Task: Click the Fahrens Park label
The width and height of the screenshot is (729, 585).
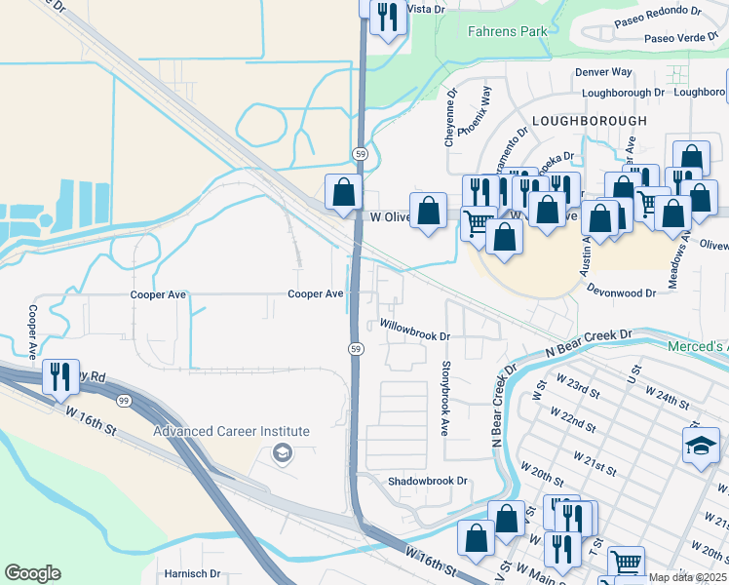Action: click(507, 31)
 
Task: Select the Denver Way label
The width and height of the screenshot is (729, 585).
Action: click(603, 72)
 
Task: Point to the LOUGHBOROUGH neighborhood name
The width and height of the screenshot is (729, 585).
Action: click(589, 120)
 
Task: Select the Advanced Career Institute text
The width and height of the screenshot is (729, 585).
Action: click(231, 431)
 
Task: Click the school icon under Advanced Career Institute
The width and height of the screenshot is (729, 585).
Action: click(282, 452)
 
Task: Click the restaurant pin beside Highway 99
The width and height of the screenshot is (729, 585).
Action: click(60, 376)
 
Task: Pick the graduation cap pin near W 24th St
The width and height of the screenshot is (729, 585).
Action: click(700, 444)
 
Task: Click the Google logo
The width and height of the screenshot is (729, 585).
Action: click(32, 573)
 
